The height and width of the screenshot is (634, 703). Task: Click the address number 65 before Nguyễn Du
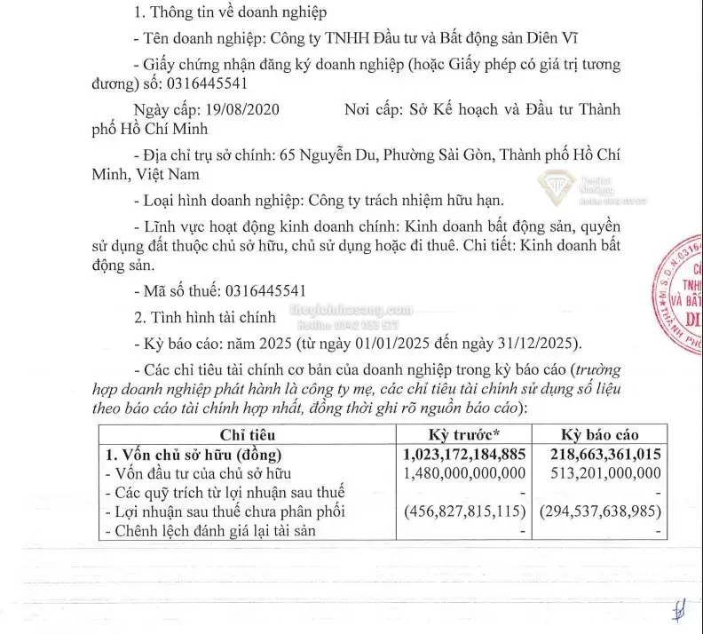coord(287,153)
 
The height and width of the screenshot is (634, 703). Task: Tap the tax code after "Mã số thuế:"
coord(266,290)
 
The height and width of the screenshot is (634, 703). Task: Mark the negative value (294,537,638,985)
coord(599,511)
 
